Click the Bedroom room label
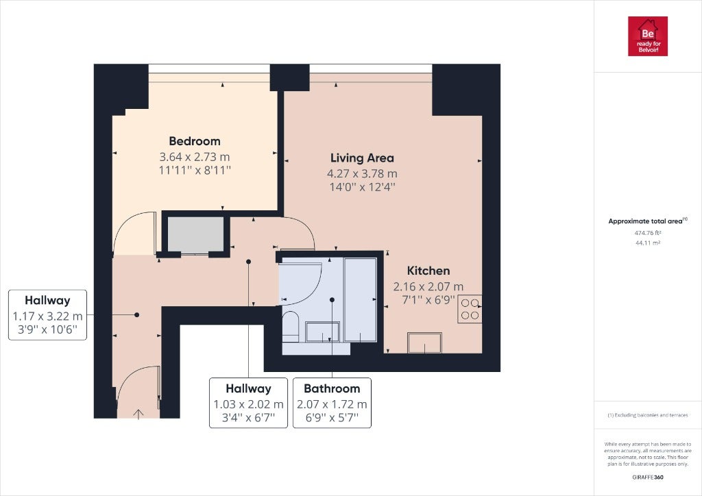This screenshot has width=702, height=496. point(195,141)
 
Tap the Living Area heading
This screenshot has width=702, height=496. point(362,158)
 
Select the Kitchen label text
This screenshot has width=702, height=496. point(428,271)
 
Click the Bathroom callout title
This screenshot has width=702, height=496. point(332,388)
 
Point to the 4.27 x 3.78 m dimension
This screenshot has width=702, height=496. point(362,173)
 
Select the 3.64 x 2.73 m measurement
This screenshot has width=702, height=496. point(195,157)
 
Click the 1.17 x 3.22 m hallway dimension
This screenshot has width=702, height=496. point(47,317)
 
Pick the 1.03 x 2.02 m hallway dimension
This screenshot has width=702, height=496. point(248,404)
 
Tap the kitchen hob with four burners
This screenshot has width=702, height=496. point(470,308)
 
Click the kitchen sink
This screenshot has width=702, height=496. point(424,343)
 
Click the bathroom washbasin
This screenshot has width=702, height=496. point(322,332)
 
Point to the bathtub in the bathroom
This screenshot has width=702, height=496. point(361,299)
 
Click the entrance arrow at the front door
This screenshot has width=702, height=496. point(138,414)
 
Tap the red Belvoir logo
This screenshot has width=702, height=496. point(647,36)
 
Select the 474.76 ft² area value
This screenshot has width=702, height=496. point(648,232)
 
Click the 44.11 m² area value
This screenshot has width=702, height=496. point(648,243)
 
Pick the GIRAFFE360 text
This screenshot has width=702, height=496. point(648,478)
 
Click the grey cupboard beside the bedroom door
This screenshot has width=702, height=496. point(195,235)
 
